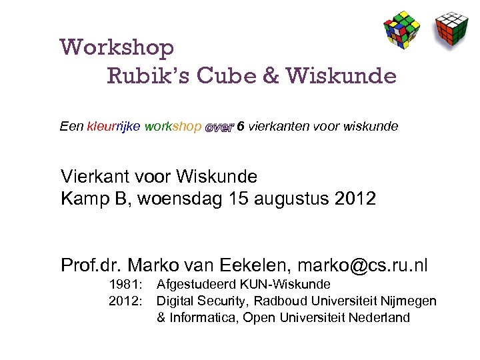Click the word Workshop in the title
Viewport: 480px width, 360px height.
(x=117, y=47)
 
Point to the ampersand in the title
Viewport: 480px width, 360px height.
(x=271, y=76)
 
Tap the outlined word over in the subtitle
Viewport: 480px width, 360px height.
(x=219, y=127)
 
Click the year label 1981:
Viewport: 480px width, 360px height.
(x=125, y=285)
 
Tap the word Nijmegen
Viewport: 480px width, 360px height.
(x=407, y=301)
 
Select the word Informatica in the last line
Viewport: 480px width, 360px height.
(x=203, y=318)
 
